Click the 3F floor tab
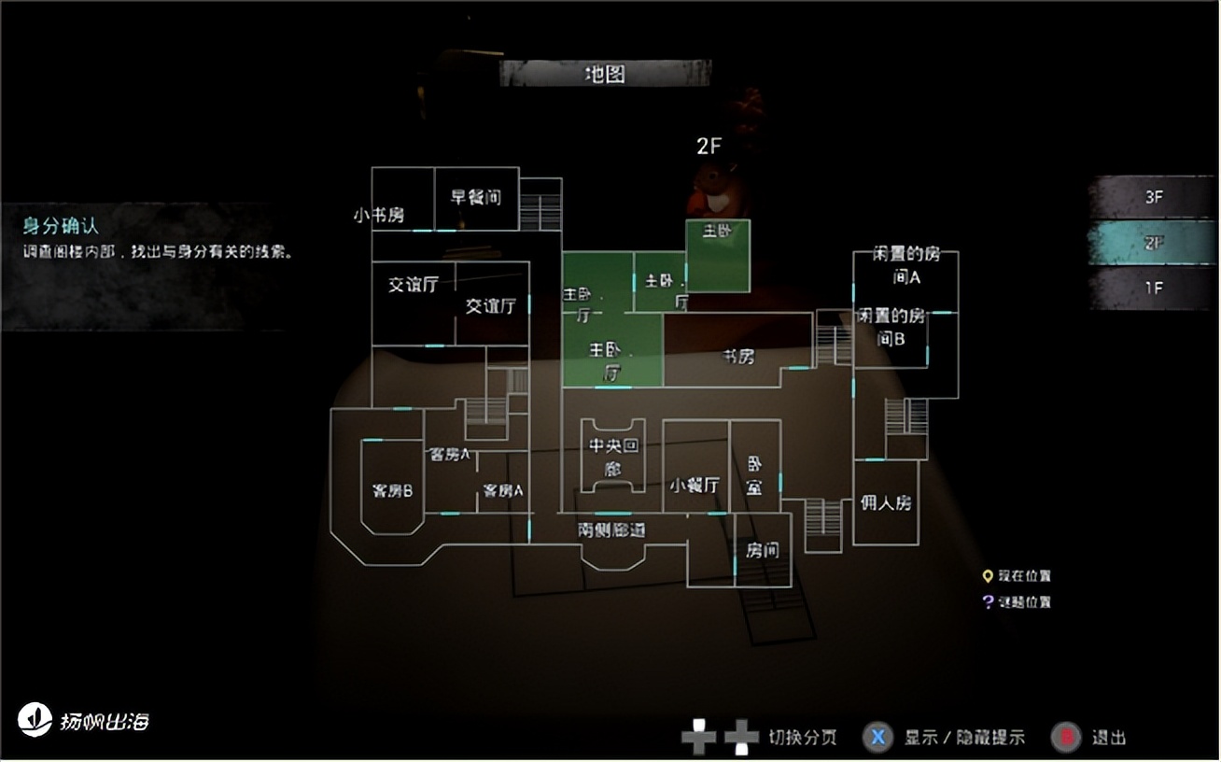pos(1153,198)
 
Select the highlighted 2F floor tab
pos(1153,243)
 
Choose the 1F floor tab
pos(1153,289)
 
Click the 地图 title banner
pos(605,74)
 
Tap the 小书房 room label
pos(379,216)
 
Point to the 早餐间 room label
pos(476,197)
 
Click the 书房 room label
pos(738,357)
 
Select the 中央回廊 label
pos(612,457)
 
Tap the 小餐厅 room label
pos(695,486)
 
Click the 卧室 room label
pos(754,475)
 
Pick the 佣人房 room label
pos(885,502)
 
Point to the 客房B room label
pos(392,490)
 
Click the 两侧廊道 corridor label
pos(611,529)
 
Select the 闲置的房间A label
pos(905,265)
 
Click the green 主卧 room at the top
pos(718,255)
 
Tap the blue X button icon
pos(878,737)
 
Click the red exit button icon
pos(1066,737)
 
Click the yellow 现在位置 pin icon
pos(987,576)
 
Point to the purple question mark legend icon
pos(987,602)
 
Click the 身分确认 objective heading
pos(61,225)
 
